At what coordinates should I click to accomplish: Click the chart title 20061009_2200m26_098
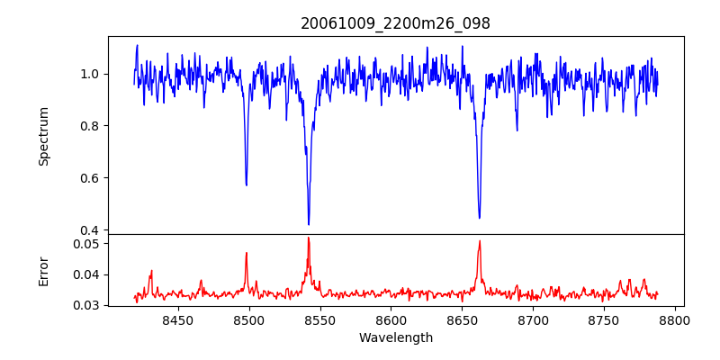coord(395,23)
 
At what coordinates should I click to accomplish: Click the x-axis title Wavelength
coord(395,338)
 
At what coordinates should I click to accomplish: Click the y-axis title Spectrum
coord(43,136)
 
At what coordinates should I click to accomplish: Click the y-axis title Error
coord(43,271)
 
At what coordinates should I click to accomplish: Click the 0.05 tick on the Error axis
coord(88,244)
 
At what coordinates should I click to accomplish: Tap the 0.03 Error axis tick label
coord(88,305)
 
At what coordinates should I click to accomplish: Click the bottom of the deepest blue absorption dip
coord(309,224)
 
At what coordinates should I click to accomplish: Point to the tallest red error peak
coord(308,238)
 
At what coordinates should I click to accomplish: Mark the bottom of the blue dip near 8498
coord(247,184)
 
